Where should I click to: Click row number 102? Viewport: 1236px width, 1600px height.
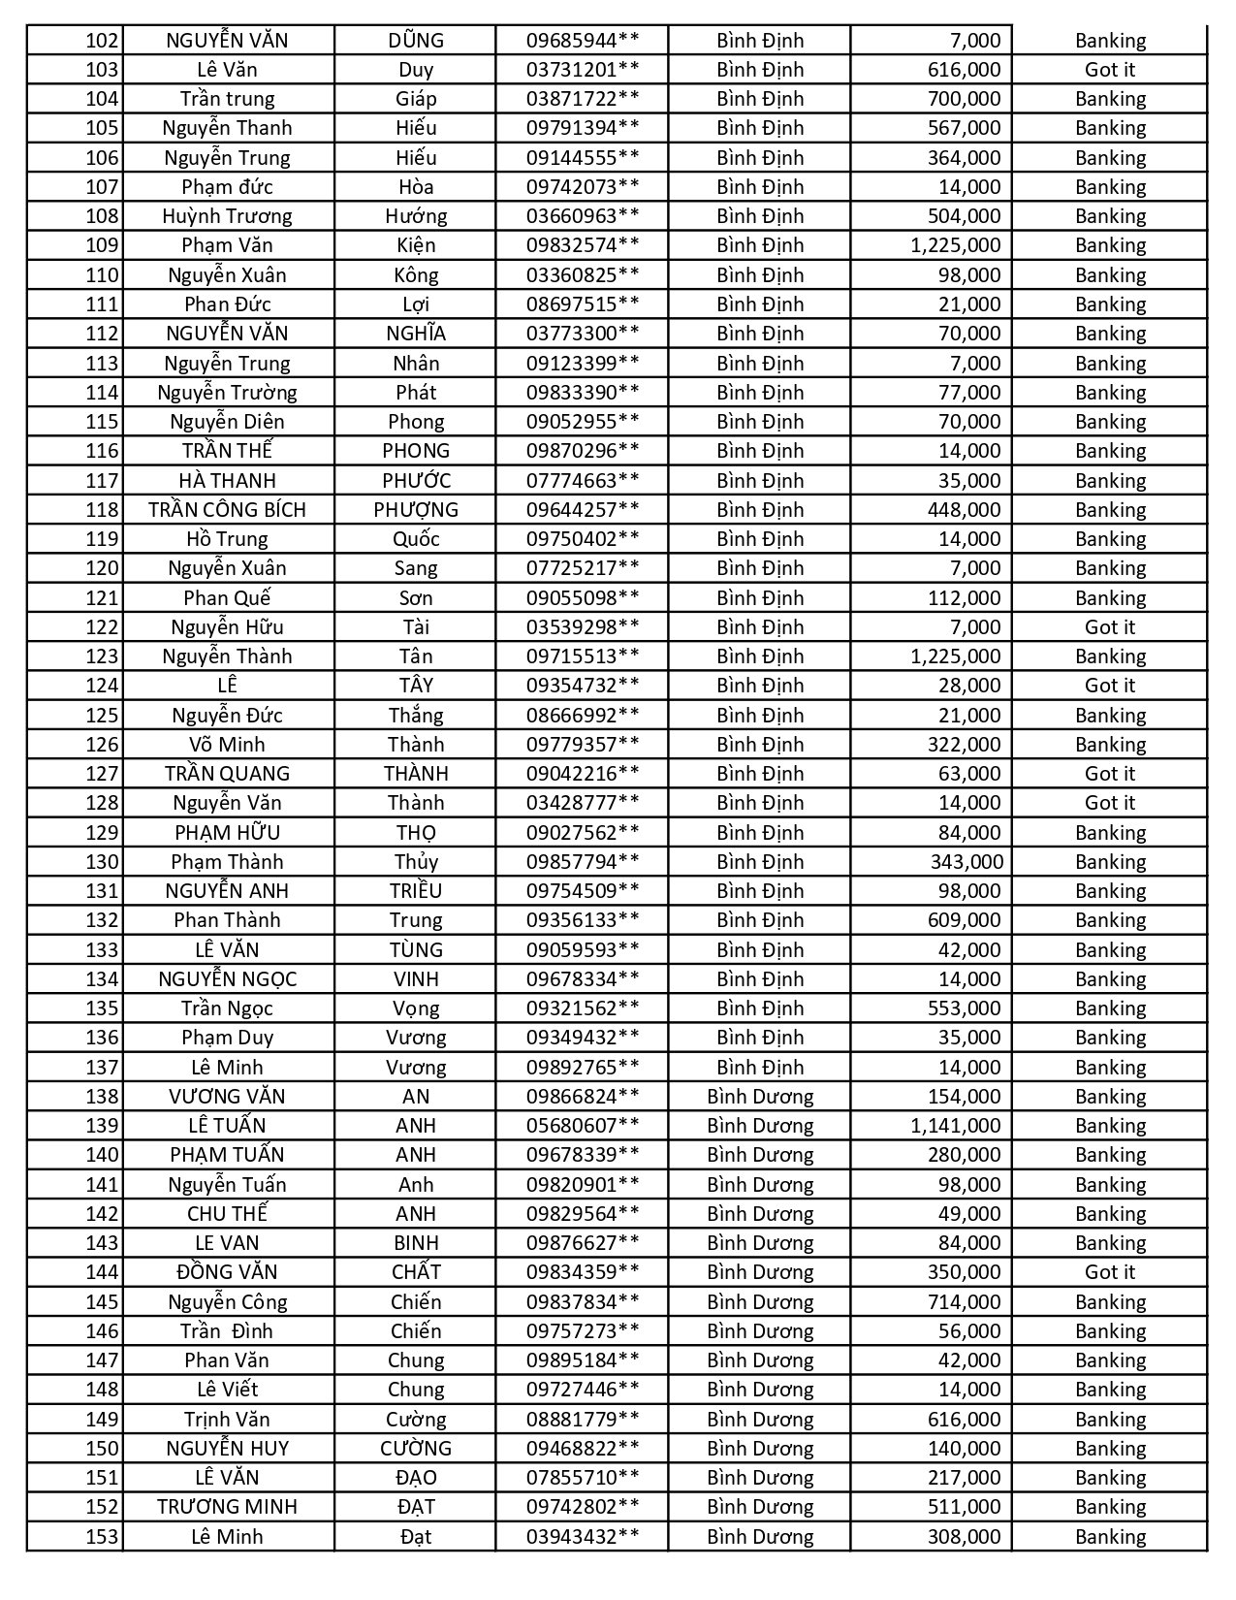click(x=102, y=41)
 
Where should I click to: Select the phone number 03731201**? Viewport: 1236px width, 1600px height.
click(x=583, y=70)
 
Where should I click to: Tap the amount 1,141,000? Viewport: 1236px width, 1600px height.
click(x=955, y=1126)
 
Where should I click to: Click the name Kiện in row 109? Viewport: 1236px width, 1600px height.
click(x=416, y=245)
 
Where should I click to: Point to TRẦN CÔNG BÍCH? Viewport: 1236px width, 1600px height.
click(x=227, y=510)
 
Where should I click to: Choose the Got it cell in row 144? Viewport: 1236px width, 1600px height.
click(x=1109, y=1272)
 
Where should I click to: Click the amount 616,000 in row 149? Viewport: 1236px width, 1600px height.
click(x=964, y=1420)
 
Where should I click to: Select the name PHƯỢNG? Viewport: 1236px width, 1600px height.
click(x=416, y=510)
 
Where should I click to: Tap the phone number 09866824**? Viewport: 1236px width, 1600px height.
click(x=583, y=1097)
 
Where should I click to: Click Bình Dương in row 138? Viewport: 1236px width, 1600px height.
click(x=760, y=1097)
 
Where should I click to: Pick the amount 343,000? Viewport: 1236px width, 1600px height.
click(x=966, y=862)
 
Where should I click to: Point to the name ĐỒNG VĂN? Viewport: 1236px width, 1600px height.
click(x=227, y=1272)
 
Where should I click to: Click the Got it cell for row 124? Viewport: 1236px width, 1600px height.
click(x=1109, y=686)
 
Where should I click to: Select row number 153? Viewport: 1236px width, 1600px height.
click(x=102, y=1537)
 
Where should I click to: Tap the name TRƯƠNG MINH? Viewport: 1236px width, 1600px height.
click(x=227, y=1507)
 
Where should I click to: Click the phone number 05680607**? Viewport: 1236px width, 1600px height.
click(x=583, y=1126)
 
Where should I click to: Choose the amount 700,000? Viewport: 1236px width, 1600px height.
click(x=964, y=99)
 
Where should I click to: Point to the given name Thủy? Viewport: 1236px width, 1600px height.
click(x=416, y=862)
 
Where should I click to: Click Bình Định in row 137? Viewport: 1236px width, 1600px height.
click(x=760, y=1068)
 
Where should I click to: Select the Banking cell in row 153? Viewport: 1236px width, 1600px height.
click(x=1110, y=1537)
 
